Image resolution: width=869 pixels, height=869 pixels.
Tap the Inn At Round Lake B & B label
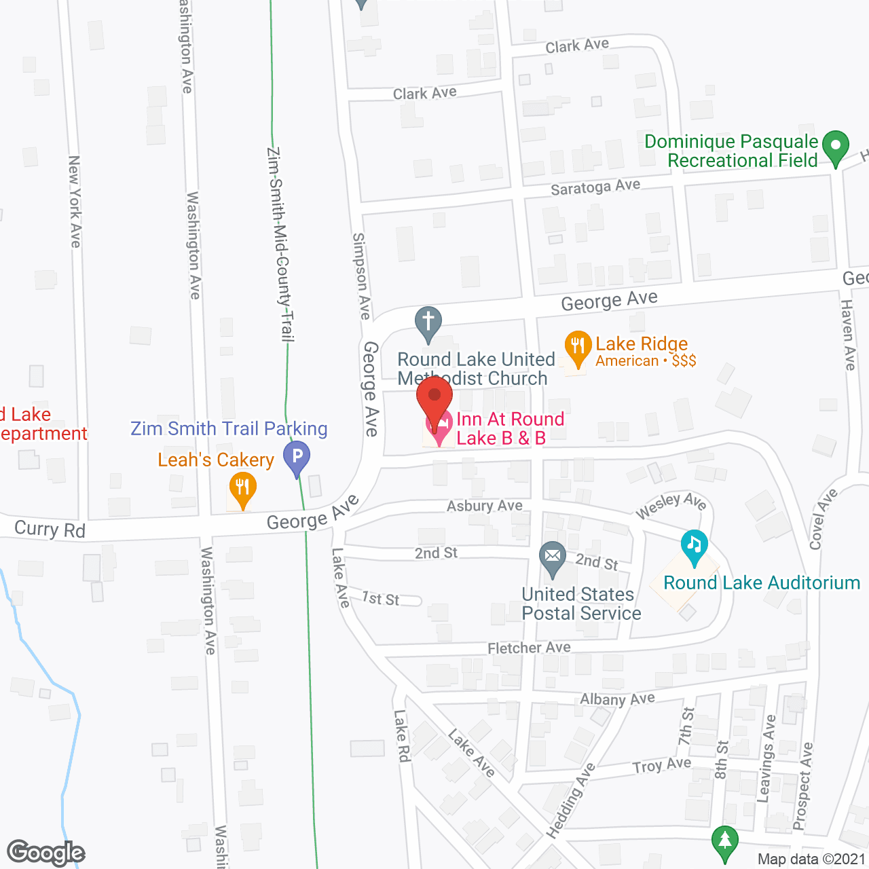coord(510,428)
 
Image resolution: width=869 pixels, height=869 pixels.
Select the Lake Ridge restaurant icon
coord(577,348)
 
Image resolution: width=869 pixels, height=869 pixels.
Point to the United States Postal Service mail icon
coord(553,558)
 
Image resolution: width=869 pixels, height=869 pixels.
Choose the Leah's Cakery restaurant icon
coord(242,489)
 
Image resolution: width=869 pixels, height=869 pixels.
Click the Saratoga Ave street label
coord(595,187)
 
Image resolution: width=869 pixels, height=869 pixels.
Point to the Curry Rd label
coord(50,529)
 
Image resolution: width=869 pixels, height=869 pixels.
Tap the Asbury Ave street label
coord(485,506)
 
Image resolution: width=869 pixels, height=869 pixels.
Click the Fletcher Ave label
coord(529,648)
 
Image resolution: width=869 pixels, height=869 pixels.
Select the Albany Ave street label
coord(617,699)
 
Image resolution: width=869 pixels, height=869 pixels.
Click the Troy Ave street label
coord(662,765)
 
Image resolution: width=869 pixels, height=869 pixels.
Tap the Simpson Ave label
coord(361,276)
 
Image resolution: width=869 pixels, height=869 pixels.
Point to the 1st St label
coord(380,598)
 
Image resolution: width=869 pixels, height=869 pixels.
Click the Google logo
coord(45,853)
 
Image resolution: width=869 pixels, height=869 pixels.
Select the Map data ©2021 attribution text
coord(811,859)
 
